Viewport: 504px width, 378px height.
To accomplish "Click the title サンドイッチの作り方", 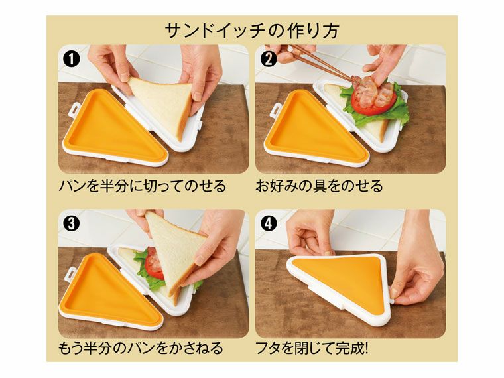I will pyautogui.click(x=251, y=31).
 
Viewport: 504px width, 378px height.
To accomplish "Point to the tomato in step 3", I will pyautogui.click(x=153, y=263).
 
